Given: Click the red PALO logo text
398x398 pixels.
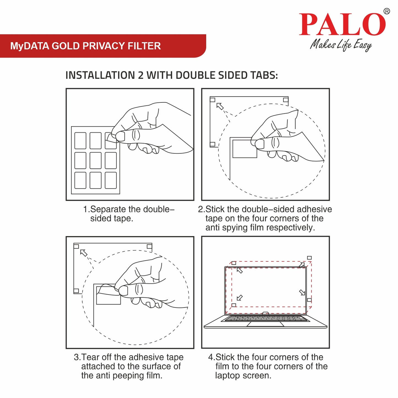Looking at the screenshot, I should (342, 25).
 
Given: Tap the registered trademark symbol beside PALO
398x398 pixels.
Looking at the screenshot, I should (386, 11).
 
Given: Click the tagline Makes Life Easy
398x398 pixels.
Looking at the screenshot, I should (341, 45).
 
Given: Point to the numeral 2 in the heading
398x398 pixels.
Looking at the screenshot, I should (140, 75).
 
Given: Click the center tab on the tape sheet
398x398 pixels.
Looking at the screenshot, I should (96, 160).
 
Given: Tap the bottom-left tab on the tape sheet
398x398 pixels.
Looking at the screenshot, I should (80, 180).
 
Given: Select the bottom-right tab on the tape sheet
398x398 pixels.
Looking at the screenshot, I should (111, 180).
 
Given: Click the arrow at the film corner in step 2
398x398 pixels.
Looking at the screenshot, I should (220, 106).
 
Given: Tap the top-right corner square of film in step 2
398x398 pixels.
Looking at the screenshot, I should (286, 99).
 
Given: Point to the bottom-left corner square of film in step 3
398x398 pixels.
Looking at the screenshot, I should (76, 291).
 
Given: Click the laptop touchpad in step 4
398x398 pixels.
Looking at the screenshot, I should (265, 324).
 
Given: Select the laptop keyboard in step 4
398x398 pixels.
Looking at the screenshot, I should (266, 318).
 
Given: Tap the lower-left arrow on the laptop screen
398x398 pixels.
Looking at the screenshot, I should (240, 298).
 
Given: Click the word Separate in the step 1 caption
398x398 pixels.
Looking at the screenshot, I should (107, 209).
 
